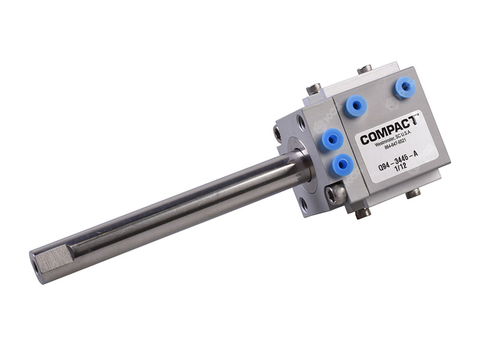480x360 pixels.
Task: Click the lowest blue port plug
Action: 342,164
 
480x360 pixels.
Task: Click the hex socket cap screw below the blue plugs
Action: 336,194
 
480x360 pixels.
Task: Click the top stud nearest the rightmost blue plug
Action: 365,69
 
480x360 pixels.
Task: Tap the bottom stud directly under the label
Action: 413,193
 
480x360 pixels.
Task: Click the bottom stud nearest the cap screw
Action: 363,213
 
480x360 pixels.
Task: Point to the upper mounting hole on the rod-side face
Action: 300,122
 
